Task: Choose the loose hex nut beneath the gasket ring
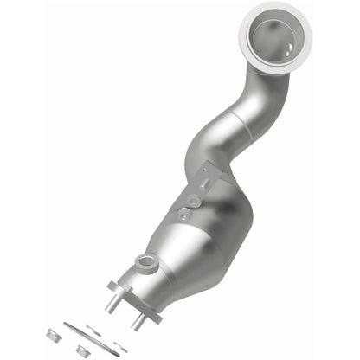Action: [x=82, y=351]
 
